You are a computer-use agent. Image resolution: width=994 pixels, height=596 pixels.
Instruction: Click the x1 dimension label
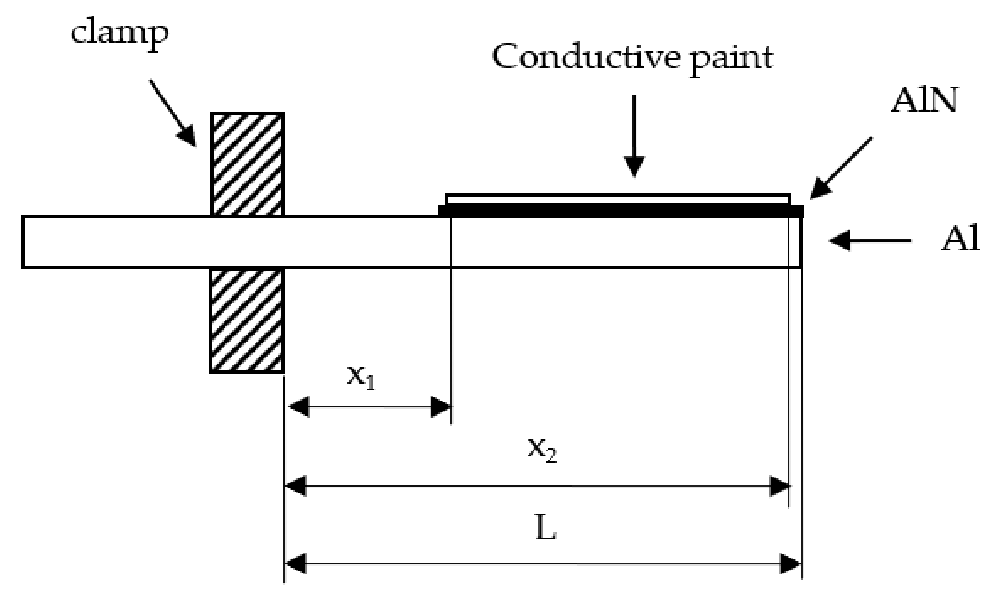point(360,378)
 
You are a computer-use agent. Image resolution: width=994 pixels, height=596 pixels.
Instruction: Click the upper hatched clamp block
point(248,165)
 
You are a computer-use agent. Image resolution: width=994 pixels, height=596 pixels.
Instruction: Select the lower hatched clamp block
point(247,321)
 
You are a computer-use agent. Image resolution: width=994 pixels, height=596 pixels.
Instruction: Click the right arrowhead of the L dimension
point(791,564)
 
